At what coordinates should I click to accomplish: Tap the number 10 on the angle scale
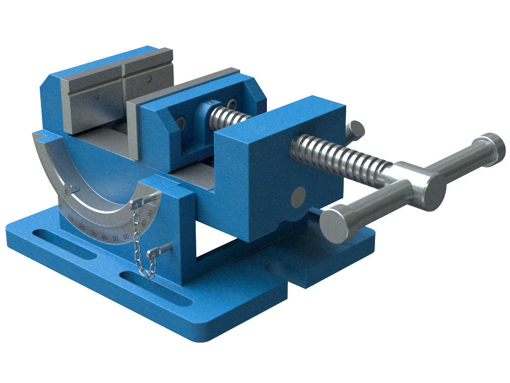point(71,218)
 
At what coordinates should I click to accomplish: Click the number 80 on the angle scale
point(145,224)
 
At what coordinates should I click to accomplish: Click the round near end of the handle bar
point(335,225)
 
